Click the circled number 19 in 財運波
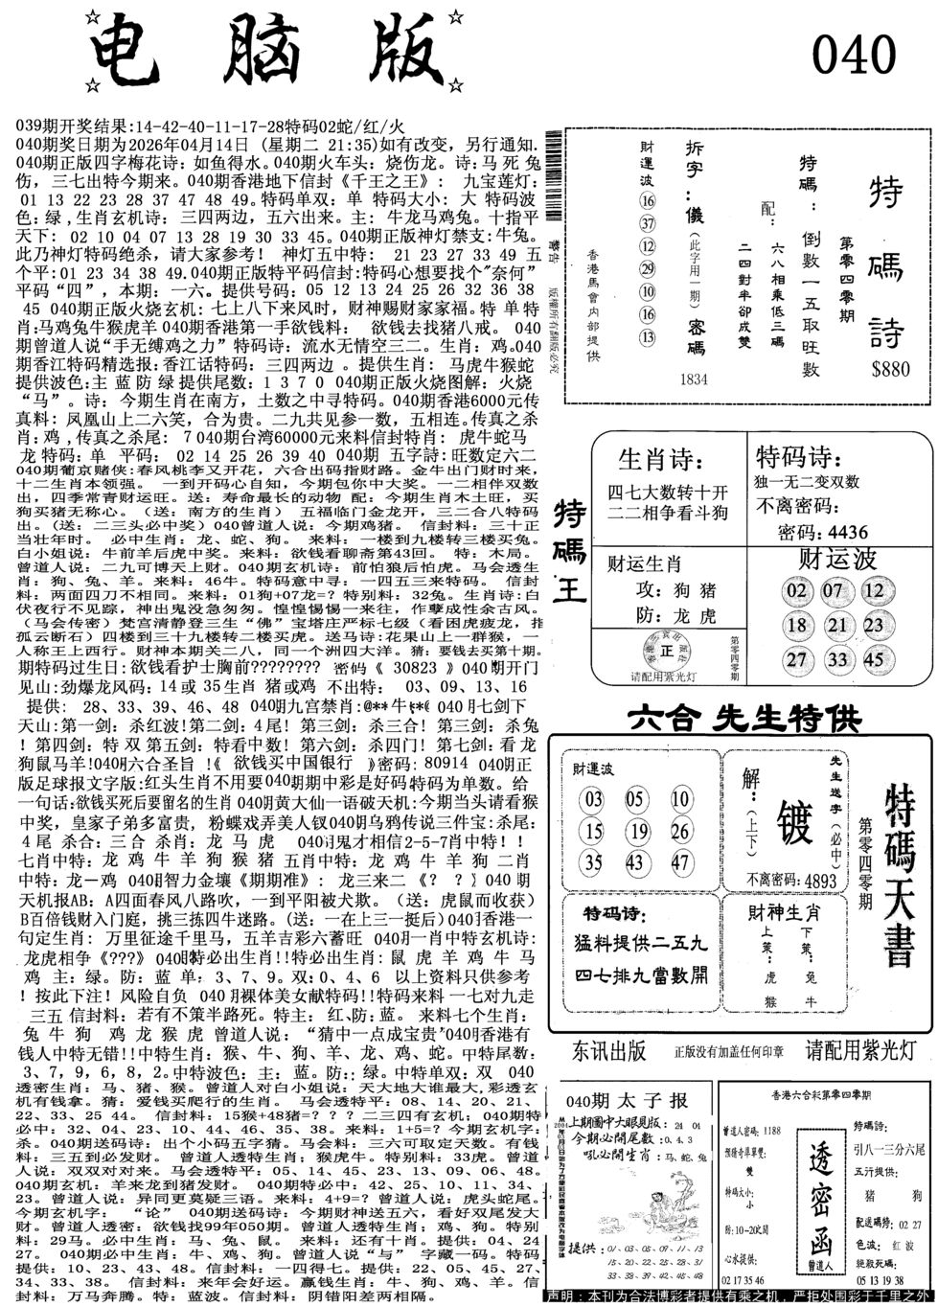tap(637, 830)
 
